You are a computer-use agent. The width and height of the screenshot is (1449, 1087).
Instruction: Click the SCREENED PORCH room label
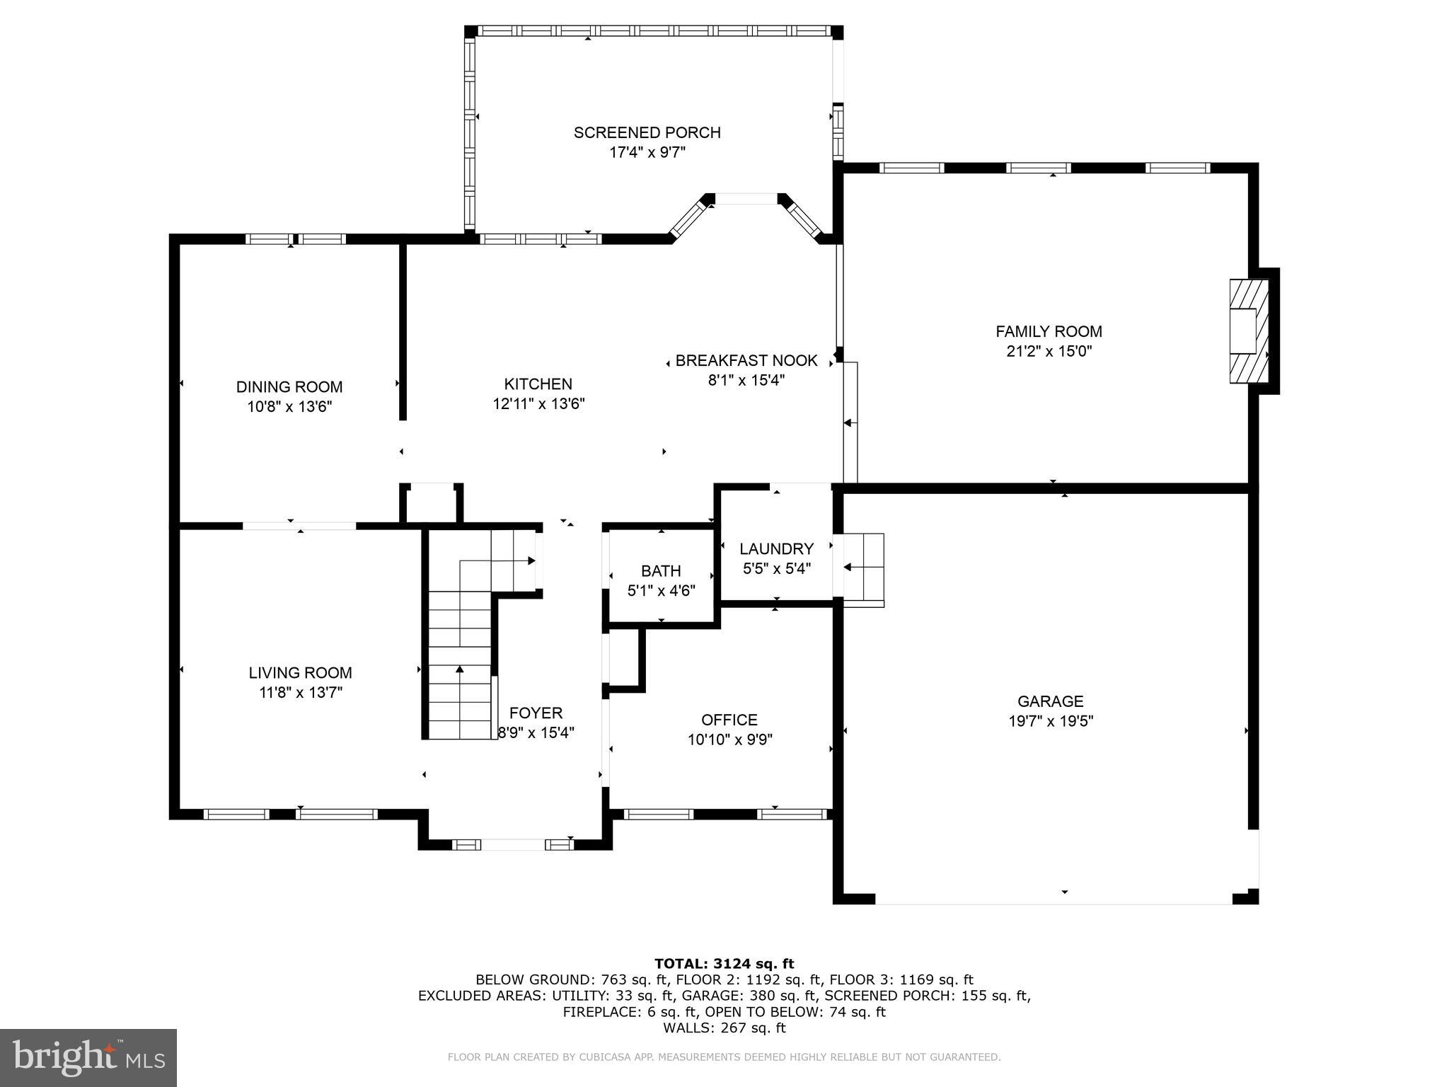pos(647,132)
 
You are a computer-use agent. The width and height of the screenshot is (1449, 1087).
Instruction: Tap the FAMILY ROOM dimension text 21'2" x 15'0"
pos(1049,352)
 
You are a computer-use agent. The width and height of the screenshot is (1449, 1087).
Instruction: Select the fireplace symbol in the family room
pos(1248,331)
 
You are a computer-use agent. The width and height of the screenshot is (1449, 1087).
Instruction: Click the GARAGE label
pos(1050,701)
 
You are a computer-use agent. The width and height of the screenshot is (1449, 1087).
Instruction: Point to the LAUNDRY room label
pos(776,548)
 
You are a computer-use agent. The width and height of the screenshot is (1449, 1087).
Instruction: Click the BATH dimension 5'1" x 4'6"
pos(661,591)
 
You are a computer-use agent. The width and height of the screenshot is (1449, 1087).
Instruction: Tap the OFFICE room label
pos(729,720)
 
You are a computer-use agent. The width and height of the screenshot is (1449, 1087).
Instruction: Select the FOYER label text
pos(536,713)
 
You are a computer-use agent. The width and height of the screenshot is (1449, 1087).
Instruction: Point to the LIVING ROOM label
pos(300,673)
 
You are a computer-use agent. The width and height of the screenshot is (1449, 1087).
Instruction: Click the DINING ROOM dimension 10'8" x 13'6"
pos(289,407)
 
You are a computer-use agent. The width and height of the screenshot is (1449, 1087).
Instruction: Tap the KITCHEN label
pos(538,384)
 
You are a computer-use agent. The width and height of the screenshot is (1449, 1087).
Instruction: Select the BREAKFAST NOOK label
pos(746,361)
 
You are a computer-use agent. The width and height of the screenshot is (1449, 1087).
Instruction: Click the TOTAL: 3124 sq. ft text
pos(724,963)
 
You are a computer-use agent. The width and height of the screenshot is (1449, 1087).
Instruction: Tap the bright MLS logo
pos(88,1057)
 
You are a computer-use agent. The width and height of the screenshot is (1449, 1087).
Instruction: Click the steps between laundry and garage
pos(863,568)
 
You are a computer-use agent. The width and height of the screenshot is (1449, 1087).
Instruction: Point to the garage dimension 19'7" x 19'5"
pos(1050,721)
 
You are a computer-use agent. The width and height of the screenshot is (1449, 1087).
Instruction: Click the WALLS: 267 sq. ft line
pos(724,1028)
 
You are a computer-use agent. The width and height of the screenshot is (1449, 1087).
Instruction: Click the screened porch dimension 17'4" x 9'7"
pos(647,152)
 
